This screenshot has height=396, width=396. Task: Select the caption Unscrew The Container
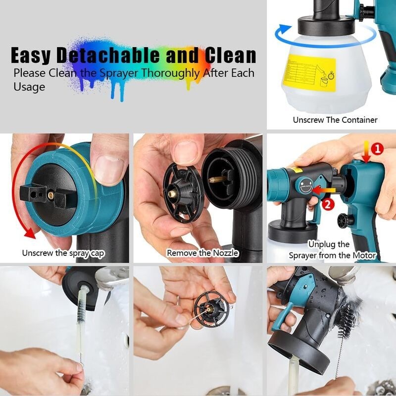pyautogui.click(x=335, y=120)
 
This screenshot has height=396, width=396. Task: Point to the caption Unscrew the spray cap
pyautogui.click(x=63, y=253)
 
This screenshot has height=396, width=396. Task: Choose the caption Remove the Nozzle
pyautogui.click(x=202, y=253)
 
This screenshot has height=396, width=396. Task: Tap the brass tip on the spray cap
pyautogui.click(x=50, y=192)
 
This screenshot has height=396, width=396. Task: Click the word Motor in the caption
pyautogui.click(x=363, y=255)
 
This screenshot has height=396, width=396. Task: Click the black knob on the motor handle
pyautogui.click(x=343, y=219)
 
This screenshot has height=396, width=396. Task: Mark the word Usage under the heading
pyautogui.click(x=29, y=87)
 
